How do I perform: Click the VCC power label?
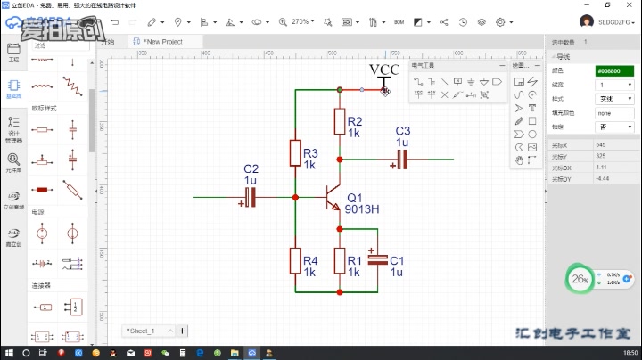pos(384,70)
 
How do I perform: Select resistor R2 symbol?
pos(340,120)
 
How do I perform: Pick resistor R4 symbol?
pos(295,260)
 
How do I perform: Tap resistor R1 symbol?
pos(340,260)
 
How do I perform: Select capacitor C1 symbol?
pos(378,259)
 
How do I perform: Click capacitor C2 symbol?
pos(251,196)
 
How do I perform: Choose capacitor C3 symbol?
pos(402,160)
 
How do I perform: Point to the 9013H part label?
pos(362,209)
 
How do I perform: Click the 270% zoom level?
pos(301,21)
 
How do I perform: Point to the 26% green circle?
pos(580,279)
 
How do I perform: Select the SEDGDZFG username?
pos(616,20)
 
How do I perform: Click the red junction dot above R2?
pos(340,89)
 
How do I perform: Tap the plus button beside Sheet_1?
pos(183,331)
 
